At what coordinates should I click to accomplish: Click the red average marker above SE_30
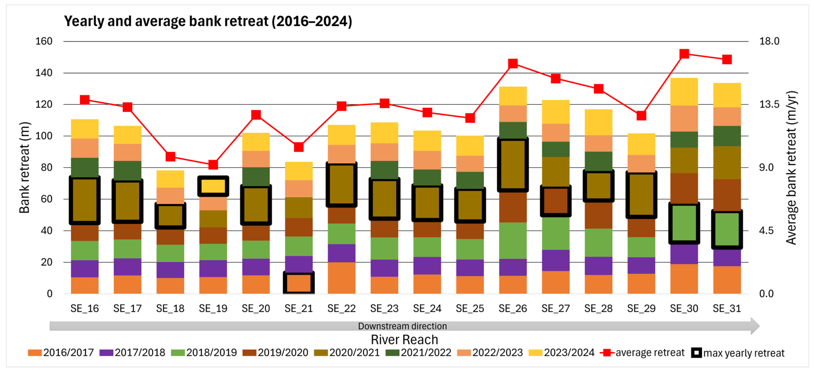point(684,54)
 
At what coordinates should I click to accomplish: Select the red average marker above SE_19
point(213,165)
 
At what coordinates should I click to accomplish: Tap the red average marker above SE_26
point(513,63)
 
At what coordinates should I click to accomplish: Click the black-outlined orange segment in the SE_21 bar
point(299,283)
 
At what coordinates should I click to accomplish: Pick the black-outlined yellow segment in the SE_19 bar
point(213,186)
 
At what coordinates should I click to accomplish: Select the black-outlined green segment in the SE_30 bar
point(684,223)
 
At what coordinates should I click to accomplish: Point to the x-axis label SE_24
point(427,308)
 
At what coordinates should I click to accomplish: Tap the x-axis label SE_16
point(85,308)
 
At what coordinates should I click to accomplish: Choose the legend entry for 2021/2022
point(418,352)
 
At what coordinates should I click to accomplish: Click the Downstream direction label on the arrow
point(402,326)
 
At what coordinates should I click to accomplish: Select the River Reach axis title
point(405,339)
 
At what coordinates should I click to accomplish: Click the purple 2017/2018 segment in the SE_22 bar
point(342,253)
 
